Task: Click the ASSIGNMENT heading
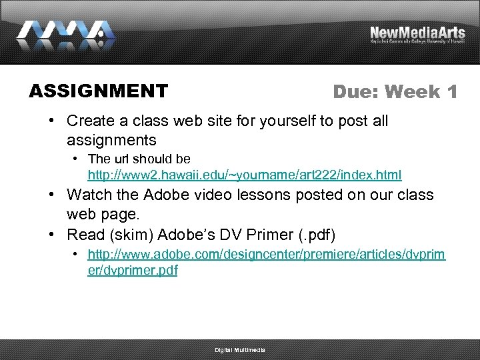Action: (x=98, y=91)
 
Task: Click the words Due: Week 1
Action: (x=395, y=92)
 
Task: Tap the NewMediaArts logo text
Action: (x=417, y=32)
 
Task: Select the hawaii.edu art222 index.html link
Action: (x=245, y=175)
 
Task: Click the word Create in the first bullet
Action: (x=90, y=121)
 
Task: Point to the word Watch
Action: (x=89, y=195)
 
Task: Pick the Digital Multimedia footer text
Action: (x=240, y=350)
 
